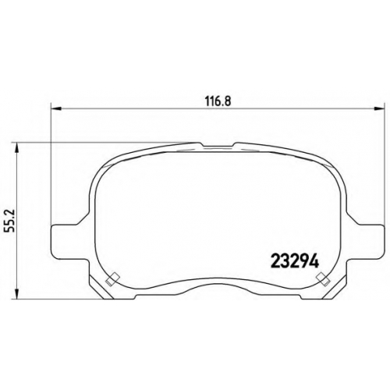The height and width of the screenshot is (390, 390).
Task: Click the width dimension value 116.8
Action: (x=218, y=101)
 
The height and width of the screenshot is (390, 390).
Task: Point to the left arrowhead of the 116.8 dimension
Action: (x=55, y=108)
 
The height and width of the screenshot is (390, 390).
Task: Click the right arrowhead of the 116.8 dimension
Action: (x=379, y=108)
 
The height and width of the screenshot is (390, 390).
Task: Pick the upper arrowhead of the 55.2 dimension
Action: (x=17, y=147)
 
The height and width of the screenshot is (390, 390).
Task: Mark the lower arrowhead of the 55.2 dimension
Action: (x=17, y=294)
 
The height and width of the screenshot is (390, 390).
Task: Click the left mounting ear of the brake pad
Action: (x=68, y=240)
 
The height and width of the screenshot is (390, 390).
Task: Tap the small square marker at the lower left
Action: (x=112, y=279)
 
